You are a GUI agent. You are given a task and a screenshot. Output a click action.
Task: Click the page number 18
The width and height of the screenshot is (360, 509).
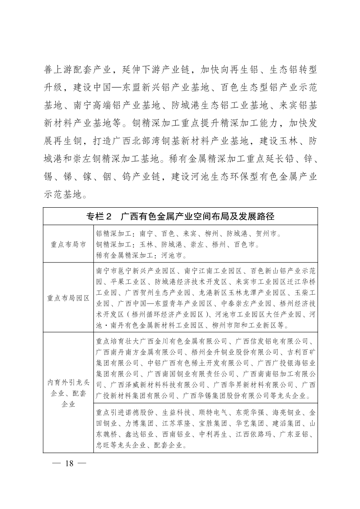tap(70, 462)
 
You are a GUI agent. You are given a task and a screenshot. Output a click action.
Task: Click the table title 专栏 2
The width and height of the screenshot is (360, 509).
tap(99, 216)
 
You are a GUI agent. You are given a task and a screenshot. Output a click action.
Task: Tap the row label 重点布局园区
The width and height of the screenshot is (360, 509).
tap(68, 298)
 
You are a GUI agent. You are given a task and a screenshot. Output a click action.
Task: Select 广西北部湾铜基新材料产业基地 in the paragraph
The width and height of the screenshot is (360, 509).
tap(174, 142)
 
